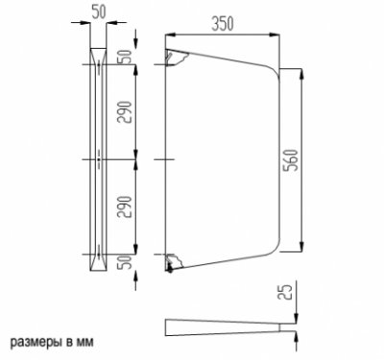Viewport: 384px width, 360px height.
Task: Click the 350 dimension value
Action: pyautogui.click(x=223, y=24)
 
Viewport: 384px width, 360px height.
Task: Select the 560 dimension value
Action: pyautogui.click(x=292, y=159)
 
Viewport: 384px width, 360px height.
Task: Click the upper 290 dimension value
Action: pyautogui.click(x=125, y=112)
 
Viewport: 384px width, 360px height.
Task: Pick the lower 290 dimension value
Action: pyautogui.click(x=125, y=207)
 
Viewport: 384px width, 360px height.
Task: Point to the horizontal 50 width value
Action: pyautogui.click(x=99, y=12)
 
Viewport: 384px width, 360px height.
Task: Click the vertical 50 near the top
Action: pyautogui.click(x=125, y=57)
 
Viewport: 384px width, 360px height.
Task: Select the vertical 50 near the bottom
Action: pyautogui.click(x=125, y=262)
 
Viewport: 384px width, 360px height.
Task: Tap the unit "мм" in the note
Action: pyautogui.click(x=85, y=342)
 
